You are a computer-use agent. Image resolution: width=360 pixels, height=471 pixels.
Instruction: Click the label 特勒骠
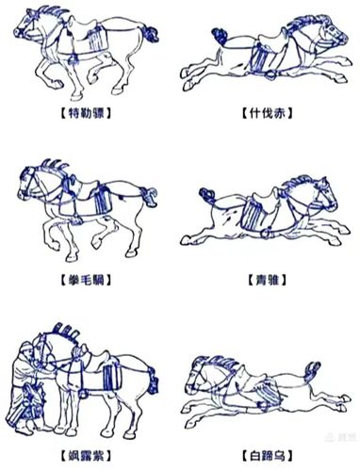[86, 113]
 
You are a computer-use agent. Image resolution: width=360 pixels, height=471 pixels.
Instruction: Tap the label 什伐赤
[267, 113]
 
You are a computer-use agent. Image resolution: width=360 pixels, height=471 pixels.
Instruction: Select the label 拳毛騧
[86, 280]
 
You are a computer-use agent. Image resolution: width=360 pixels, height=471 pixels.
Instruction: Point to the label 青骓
[268, 280]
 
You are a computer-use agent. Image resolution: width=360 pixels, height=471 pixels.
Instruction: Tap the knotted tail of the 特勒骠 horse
[150, 34]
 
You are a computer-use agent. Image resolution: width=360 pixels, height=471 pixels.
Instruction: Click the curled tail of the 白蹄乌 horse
[312, 371]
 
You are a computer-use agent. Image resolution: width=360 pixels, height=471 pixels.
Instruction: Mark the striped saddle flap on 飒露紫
[112, 377]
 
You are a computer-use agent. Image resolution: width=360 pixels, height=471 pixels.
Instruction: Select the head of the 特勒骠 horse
[25, 25]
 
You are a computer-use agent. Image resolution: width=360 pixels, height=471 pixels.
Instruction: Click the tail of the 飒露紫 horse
[154, 381]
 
